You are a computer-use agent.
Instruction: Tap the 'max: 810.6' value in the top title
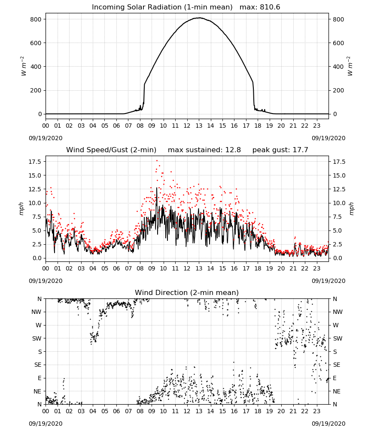[260, 7]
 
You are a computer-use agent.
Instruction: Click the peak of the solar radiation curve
[199, 18]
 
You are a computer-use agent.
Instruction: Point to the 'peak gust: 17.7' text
[280, 150]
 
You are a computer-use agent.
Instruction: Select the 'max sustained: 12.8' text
[204, 150]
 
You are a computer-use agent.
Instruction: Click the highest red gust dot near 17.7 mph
[157, 160]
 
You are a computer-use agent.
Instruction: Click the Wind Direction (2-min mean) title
[187, 292]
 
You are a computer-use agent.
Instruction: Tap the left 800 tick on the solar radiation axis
[36, 19]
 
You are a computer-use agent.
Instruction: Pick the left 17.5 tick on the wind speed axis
[35, 162]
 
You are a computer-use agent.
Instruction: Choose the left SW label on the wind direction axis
[36, 338]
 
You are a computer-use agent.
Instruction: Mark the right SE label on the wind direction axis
[337, 365]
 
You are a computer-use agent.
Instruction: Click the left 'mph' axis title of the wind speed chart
[21, 209]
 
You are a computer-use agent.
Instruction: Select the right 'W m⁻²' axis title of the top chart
[350, 66]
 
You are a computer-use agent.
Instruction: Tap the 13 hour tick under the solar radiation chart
[199, 126]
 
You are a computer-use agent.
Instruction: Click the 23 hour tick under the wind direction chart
[317, 411]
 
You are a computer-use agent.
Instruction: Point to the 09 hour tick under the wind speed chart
[152, 268]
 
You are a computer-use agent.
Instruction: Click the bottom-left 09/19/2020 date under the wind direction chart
[46, 424]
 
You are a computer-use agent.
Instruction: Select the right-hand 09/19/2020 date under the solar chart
[328, 138]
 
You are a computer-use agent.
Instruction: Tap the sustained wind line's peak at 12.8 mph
[157, 188]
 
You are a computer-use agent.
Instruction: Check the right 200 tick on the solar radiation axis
[338, 90]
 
